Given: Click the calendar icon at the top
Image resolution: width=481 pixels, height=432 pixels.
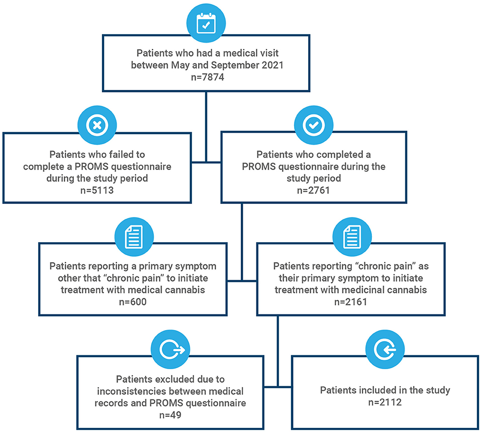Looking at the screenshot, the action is pyautogui.click(x=206, y=24).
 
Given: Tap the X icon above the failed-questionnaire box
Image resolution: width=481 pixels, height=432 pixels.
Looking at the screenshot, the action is pyautogui.click(x=97, y=125).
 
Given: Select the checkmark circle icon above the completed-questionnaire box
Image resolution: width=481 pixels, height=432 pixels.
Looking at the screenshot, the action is pyautogui.click(x=314, y=125).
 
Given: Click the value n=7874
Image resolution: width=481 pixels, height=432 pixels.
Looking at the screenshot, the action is pyautogui.click(x=208, y=77).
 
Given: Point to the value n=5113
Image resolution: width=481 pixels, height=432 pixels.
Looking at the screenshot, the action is pyautogui.click(x=97, y=190).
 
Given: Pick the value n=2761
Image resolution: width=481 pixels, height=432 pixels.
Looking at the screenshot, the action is pyautogui.click(x=314, y=190).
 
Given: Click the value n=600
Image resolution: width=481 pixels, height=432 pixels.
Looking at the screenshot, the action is pyautogui.click(x=133, y=302).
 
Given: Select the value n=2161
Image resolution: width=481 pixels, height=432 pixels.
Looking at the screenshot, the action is pyautogui.click(x=351, y=302).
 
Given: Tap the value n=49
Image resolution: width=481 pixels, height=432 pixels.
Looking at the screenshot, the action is pyautogui.click(x=170, y=415).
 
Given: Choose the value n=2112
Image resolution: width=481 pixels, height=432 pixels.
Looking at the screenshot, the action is pyautogui.click(x=385, y=402).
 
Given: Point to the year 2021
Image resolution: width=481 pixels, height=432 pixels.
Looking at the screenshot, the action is pyautogui.click(x=272, y=65).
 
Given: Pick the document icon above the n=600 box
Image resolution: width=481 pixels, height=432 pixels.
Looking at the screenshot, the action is pyautogui.click(x=134, y=237).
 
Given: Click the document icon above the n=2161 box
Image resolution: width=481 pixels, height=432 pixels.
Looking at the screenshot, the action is pyautogui.click(x=352, y=237).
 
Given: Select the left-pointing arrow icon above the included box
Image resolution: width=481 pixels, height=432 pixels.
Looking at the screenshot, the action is pyautogui.click(x=385, y=350).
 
